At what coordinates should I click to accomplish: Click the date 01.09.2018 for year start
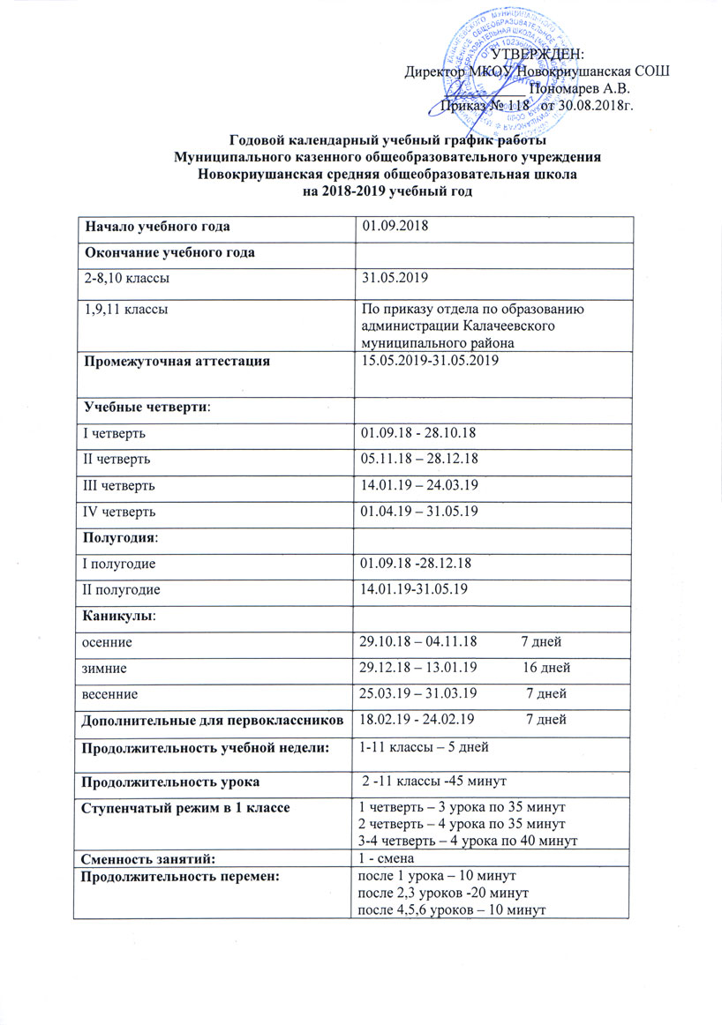pos(396,227)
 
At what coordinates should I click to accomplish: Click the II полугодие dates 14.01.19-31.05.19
pos(410,587)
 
